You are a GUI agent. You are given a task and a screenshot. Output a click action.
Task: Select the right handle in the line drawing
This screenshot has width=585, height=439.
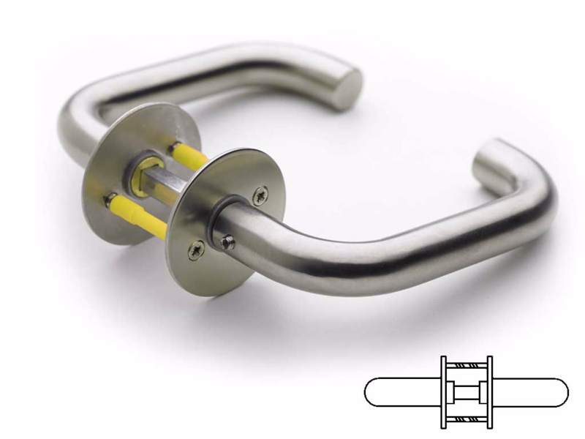[530, 393]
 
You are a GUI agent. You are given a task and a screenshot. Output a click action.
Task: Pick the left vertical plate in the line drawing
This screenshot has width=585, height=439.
[443, 392]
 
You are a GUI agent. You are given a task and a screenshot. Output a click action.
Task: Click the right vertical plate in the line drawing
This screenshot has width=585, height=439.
[489, 392]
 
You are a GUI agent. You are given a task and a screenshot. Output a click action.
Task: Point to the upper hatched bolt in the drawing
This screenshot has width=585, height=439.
[467, 364]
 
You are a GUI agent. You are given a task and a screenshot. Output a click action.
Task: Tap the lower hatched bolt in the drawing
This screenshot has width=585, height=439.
[467, 421]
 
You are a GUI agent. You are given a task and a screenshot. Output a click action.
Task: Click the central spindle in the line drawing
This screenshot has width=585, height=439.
[467, 393]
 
